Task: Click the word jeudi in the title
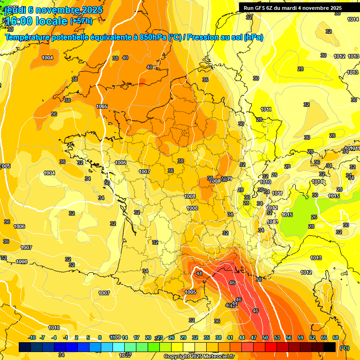pyautogui.click(x=15, y=10)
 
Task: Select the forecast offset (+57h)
pyautogui.click(x=81, y=21)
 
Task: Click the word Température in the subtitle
pyautogui.click(x=28, y=37)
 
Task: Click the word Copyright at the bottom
pyautogui.click(x=177, y=356)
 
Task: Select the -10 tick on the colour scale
pyautogui.click(x=32, y=337)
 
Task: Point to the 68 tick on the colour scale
pyautogui.click(x=336, y=337)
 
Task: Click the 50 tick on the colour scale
pyautogui.click(x=265, y=337)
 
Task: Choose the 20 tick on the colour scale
pyautogui.click(x=148, y=337)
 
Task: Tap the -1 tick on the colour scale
pyautogui.click(x=66, y=337)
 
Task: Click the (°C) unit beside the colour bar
pyautogui.click(x=345, y=347)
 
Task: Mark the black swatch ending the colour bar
pyautogui.click(x=330, y=347)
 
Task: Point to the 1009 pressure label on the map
pyautogui.click(x=229, y=178)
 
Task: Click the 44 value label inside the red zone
pyautogui.click(x=199, y=273)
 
